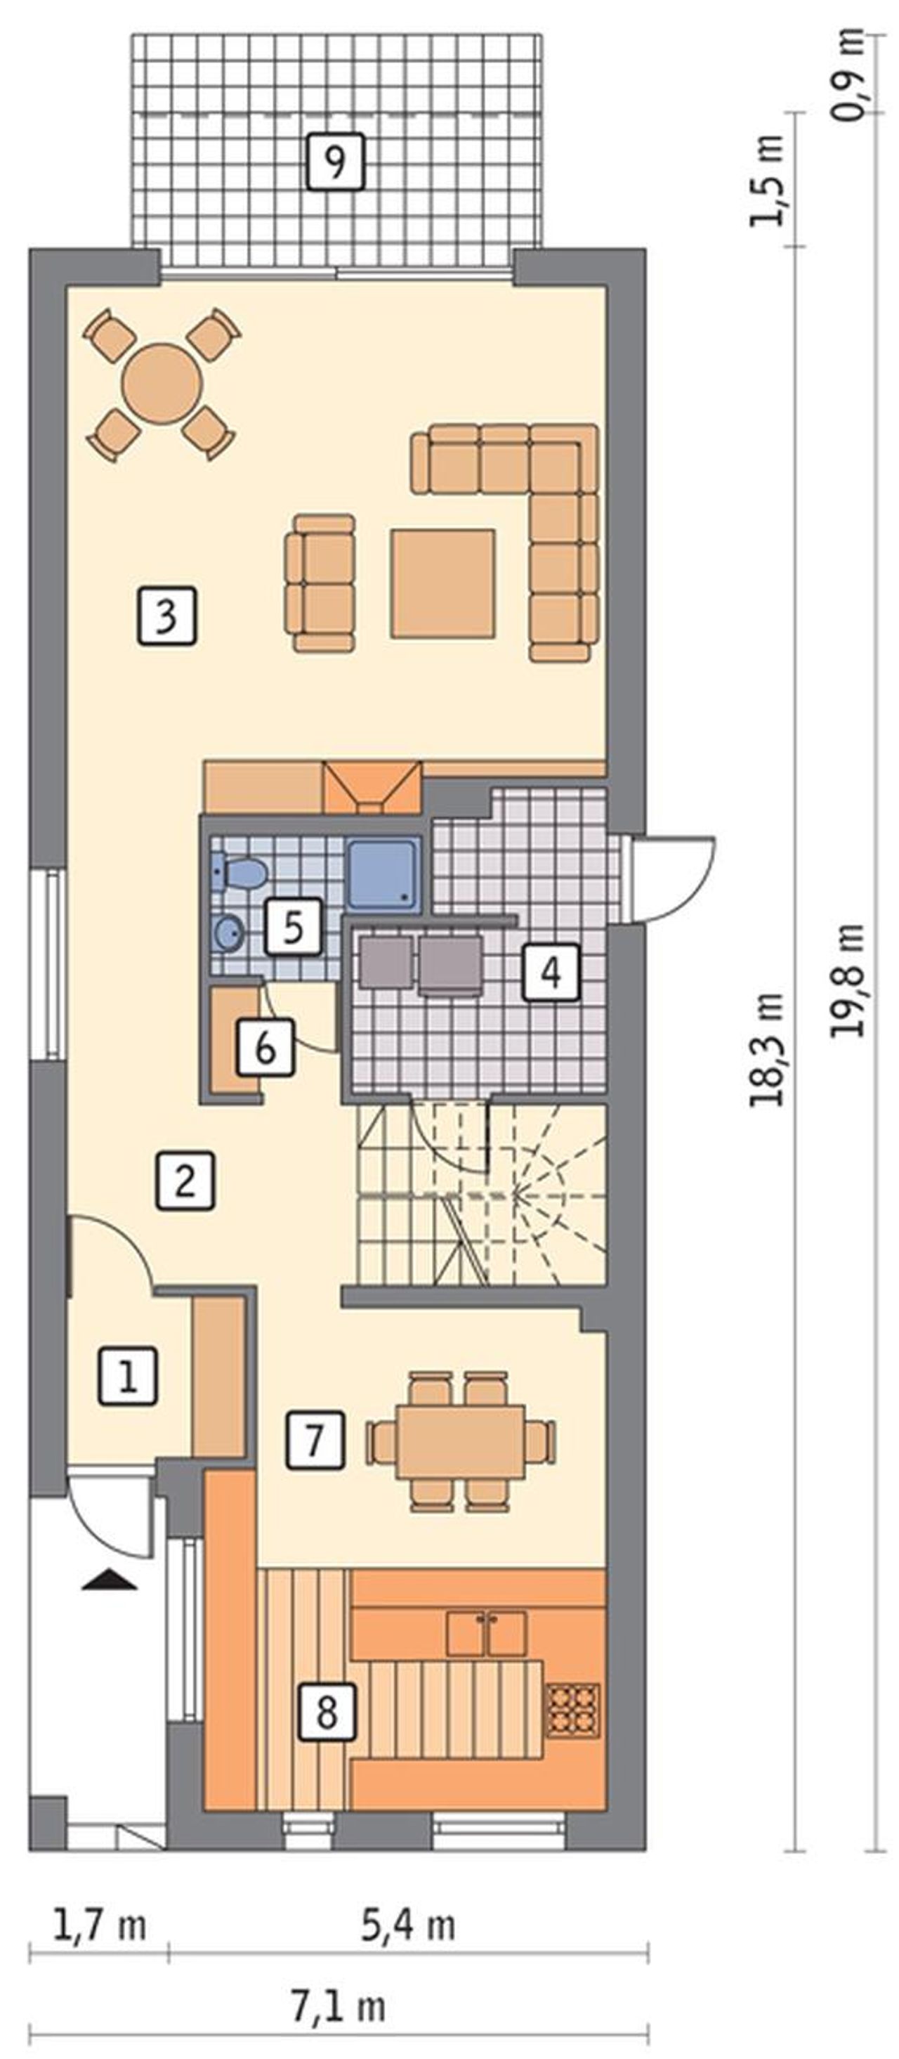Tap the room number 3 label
click(x=166, y=615)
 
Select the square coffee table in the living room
click(x=442, y=583)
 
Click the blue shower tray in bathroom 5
click(x=383, y=873)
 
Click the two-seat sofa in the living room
click(x=320, y=583)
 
